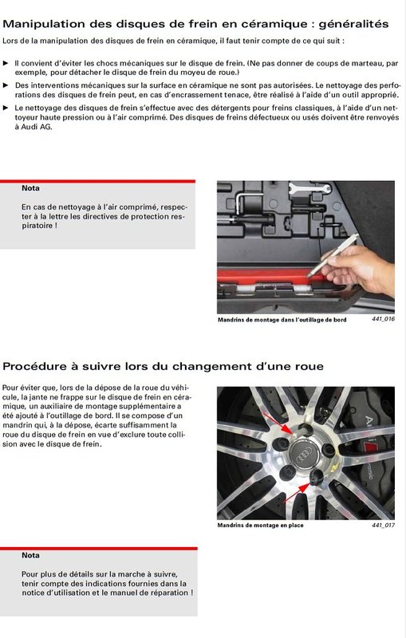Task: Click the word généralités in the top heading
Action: coord(353,25)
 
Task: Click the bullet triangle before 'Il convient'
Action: coord(6,64)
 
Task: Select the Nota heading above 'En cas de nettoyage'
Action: coord(30,188)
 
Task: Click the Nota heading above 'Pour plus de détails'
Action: coord(30,555)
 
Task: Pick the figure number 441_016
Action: coord(383,319)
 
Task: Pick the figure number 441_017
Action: coord(383,525)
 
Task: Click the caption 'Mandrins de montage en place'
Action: coord(260,526)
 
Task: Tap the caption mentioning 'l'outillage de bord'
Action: coord(282,320)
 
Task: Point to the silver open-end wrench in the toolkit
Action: coord(309,188)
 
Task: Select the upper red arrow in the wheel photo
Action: coord(278,423)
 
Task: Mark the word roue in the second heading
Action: coord(309,367)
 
